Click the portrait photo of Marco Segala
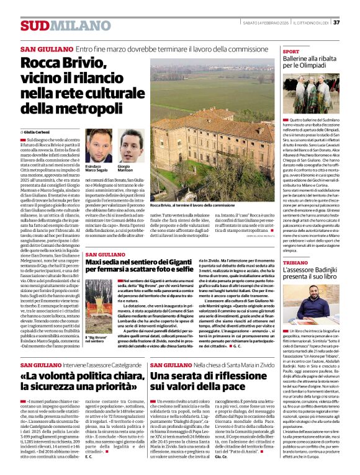(96, 144)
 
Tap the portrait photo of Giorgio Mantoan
(130, 144)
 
